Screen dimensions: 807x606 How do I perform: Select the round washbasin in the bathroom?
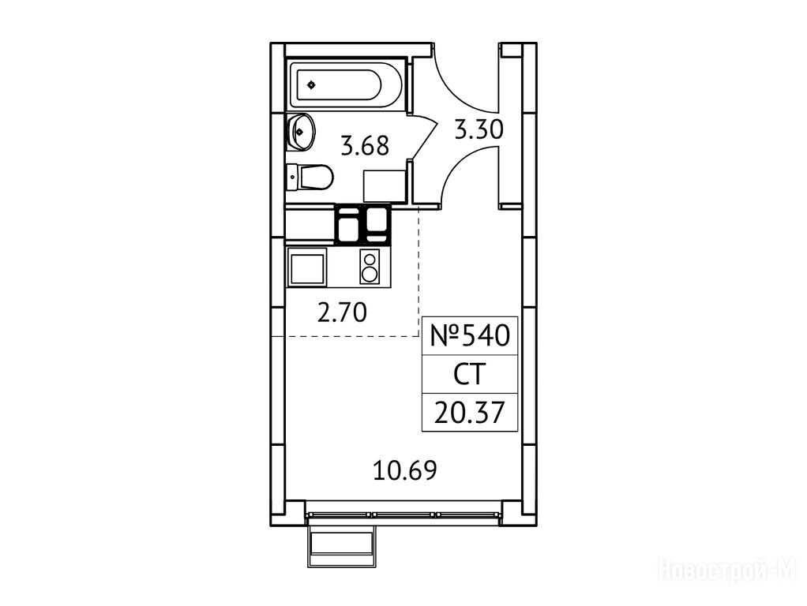pos(301,132)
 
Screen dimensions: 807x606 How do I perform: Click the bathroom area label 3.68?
pos(365,146)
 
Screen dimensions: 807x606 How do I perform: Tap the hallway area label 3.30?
pos(479,129)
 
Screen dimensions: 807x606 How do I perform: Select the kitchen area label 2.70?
pos(342,312)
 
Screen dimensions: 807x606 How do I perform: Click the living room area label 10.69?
pos(405,469)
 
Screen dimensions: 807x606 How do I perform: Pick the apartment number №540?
pos(469,335)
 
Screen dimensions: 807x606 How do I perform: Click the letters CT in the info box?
pos(469,375)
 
